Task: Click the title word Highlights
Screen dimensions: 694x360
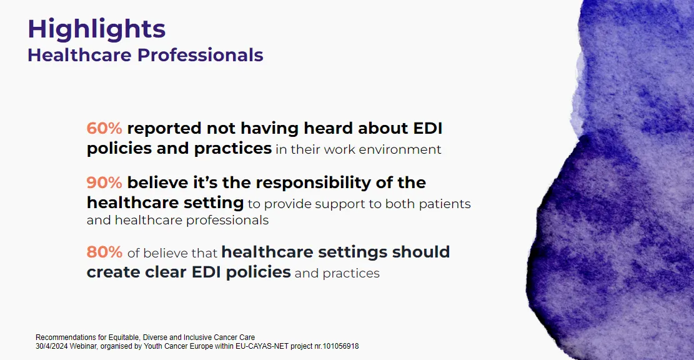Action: click(x=96, y=30)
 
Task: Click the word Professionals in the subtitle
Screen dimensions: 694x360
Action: click(x=200, y=56)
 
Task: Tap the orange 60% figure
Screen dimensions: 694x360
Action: click(x=104, y=128)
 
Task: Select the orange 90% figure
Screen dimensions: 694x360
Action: click(x=104, y=182)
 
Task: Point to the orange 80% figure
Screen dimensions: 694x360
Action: click(x=104, y=252)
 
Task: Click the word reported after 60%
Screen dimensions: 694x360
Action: click(x=164, y=129)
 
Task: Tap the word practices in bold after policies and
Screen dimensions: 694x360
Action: click(x=233, y=149)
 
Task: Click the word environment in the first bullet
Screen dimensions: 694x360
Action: click(x=400, y=149)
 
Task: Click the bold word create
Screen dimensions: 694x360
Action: click(x=115, y=272)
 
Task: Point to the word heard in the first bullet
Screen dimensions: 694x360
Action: click(x=328, y=128)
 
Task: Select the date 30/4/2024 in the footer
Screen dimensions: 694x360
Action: click(x=51, y=346)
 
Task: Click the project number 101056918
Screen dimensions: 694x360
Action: click(x=341, y=346)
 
